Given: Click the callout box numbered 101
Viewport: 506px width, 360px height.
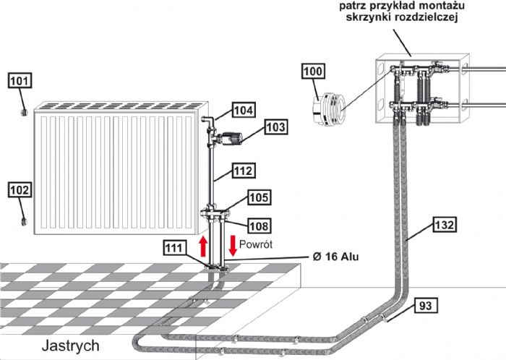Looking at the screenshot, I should point(20,80).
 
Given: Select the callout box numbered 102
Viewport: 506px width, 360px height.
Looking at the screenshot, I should point(20,189).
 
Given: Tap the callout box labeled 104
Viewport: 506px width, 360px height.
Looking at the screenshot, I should point(244,110).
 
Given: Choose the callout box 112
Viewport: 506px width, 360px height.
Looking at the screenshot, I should point(244,171).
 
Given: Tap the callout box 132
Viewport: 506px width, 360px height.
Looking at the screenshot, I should point(445,225).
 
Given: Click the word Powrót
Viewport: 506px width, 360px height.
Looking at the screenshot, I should point(256,245).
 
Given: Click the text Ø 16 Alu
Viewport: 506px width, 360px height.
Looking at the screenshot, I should point(337,257).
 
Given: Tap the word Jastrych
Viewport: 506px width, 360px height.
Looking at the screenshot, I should point(70,346).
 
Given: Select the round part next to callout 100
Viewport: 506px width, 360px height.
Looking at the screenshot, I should point(325,106).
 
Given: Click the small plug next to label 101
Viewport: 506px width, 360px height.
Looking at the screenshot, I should point(24,113).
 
